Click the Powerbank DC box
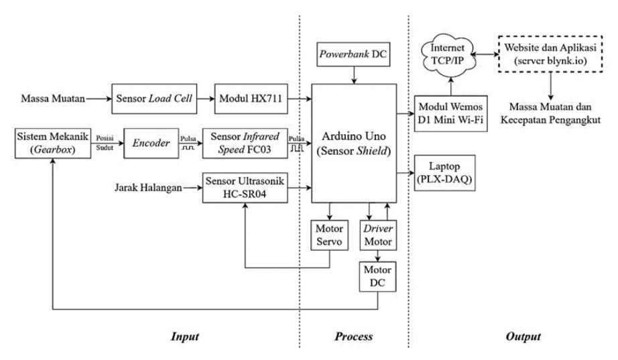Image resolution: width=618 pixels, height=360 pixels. [x=353, y=54]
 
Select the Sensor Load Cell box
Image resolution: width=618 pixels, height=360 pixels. [x=154, y=99]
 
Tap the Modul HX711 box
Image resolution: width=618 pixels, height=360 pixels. [x=251, y=99]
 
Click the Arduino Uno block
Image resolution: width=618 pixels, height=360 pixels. [x=354, y=143]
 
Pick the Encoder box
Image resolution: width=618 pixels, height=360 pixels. [x=151, y=143]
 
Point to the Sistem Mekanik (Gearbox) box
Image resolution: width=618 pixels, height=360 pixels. [x=53, y=143]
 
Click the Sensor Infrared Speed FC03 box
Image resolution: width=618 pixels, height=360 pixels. [x=245, y=143]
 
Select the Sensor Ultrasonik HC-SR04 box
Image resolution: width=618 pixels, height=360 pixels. [x=245, y=188]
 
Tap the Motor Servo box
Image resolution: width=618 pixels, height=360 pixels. [x=330, y=235]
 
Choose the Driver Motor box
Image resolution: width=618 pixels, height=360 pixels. [x=378, y=235]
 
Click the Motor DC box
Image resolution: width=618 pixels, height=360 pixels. [x=377, y=277]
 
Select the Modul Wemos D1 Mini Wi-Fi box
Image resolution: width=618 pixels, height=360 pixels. [x=451, y=113]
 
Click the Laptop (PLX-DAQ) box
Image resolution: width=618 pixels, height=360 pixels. [x=444, y=173]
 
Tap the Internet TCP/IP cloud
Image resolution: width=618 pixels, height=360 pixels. [x=447, y=54]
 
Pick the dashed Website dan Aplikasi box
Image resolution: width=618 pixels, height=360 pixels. [x=550, y=54]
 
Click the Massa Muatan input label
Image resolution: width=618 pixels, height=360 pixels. [x=53, y=99]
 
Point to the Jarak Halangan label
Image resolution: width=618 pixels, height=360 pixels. [x=148, y=188]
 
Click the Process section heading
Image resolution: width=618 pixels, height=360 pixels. [x=353, y=337]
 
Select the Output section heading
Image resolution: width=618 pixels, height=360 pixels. [x=523, y=337]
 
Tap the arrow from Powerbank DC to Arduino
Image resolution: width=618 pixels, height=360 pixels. [x=354, y=75]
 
